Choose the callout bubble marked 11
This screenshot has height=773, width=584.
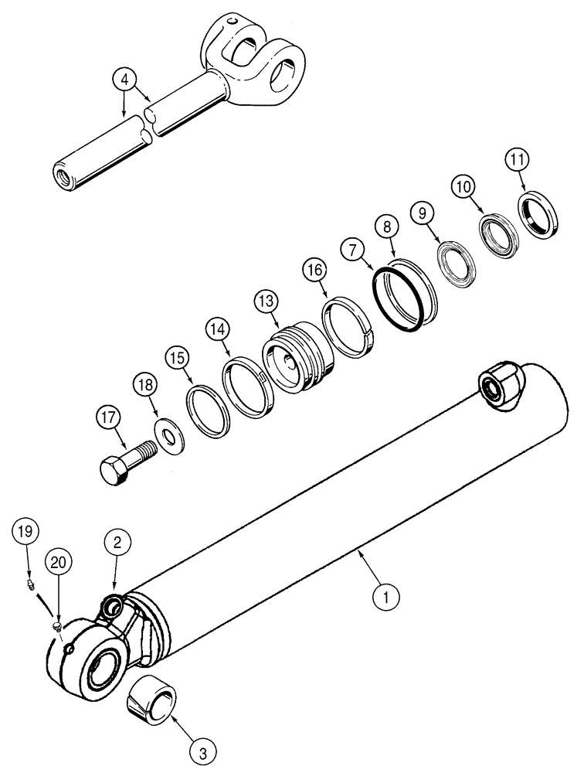click(518, 161)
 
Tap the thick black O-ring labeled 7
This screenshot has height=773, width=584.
click(397, 299)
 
